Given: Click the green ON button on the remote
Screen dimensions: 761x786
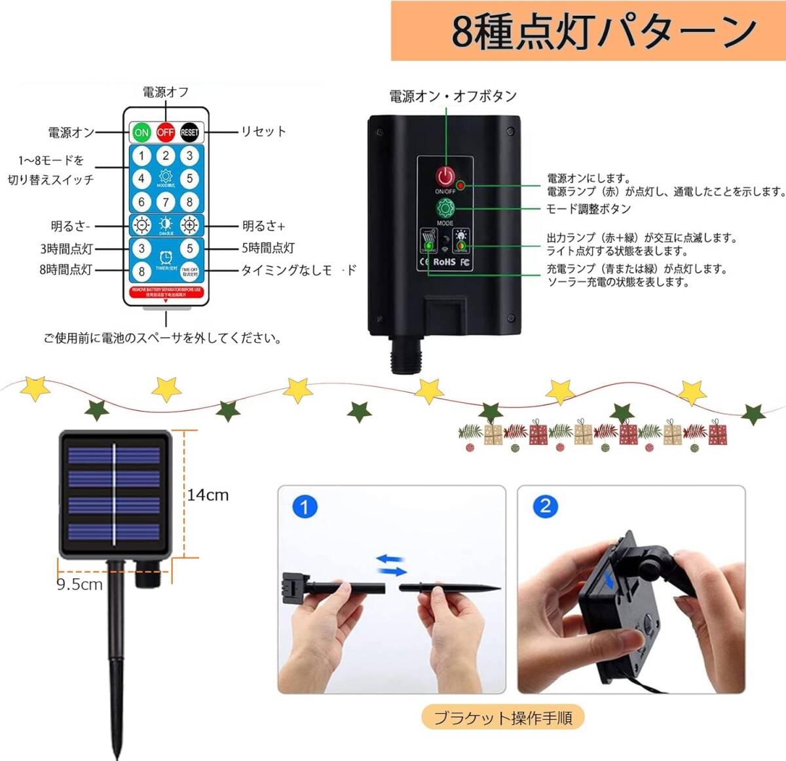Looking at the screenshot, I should click(x=141, y=132).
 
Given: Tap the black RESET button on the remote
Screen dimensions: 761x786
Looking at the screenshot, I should click(x=189, y=132).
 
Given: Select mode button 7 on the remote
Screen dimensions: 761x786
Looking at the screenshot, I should click(x=166, y=202).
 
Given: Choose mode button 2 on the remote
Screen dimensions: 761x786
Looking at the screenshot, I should click(x=166, y=156).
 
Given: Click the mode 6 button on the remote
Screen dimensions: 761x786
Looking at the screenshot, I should click(x=141, y=202).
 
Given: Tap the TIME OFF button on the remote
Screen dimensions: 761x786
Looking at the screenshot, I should click(x=189, y=270).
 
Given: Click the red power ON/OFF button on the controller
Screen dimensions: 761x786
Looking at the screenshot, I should click(x=445, y=176).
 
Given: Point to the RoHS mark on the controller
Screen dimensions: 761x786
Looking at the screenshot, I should click(x=443, y=262).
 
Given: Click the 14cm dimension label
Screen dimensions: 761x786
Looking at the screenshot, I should click(x=208, y=495).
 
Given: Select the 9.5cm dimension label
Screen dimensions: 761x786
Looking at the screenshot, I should click(x=79, y=584).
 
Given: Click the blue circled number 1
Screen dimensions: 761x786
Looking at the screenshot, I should click(x=305, y=506).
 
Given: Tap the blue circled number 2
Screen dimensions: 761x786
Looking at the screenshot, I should click(x=545, y=506).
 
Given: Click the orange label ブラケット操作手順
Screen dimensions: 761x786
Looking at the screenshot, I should click(x=503, y=718).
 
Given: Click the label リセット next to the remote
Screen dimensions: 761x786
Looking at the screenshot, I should click(x=263, y=132).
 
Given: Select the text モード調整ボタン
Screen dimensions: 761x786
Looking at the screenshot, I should click(x=589, y=209).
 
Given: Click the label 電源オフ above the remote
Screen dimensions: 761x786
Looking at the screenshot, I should click(x=166, y=92).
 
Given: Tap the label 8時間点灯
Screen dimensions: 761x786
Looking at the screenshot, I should click(x=65, y=270).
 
